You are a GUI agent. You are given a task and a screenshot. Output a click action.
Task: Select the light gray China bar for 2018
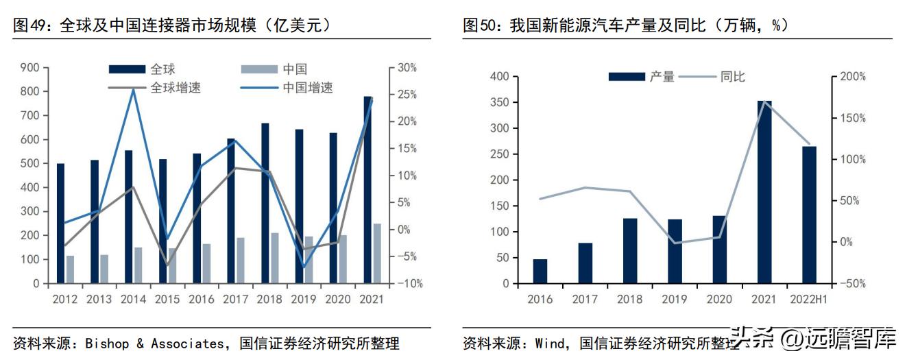click(x=275, y=258)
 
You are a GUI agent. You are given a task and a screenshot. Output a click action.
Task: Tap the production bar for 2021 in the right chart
click(x=764, y=192)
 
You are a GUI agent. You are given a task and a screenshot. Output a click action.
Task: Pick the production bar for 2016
click(x=540, y=271)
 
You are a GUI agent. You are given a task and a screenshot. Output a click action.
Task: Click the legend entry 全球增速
click(x=176, y=88)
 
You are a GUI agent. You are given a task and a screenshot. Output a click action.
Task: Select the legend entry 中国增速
click(x=308, y=88)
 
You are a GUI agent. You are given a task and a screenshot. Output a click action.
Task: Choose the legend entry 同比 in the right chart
click(x=732, y=77)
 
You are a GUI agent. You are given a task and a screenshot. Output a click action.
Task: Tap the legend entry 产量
click(x=662, y=77)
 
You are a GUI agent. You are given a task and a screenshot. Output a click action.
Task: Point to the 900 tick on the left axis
click(x=29, y=68)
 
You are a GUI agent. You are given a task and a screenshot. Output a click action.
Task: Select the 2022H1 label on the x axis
click(x=809, y=300)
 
